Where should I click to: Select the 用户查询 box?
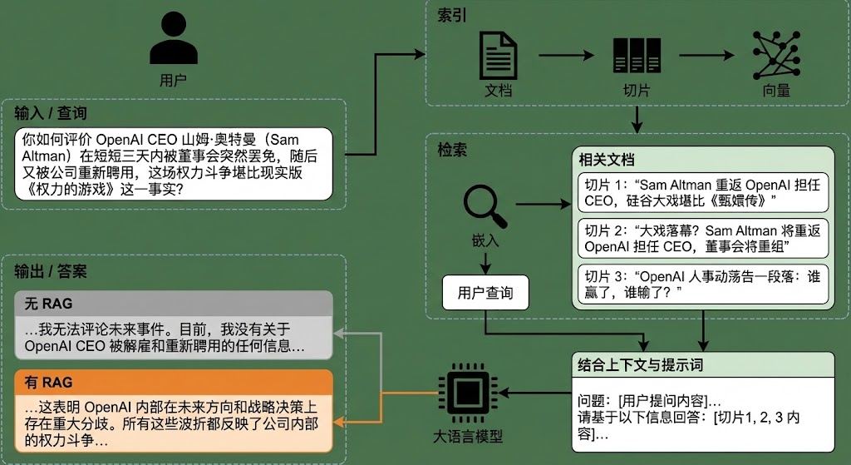pyautogui.click(x=485, y=293)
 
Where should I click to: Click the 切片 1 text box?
pyautogui.click(x=702, y=193)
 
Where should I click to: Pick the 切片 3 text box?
pyautogui.click(x=702, y=284)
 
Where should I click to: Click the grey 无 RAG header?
pyautogui.click(x=174, y=304)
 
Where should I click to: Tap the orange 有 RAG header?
pyautogui.click(x=174, y=383)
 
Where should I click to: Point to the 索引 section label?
pyautogui.click(x=452, y=17)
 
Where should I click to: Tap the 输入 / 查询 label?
pyautogui.click(x=50, y=113)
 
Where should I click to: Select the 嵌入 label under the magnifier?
pyautogui.click(x=485, y=241)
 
